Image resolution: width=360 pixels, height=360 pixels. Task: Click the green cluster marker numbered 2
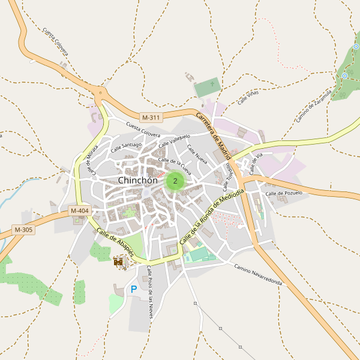[175, 181]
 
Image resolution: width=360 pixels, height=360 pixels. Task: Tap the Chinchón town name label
[138, 180]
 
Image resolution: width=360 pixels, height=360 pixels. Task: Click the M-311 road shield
[151, 117]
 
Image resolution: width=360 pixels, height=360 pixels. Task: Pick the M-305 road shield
[23, 230]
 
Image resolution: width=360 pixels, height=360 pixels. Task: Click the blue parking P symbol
[134, 290]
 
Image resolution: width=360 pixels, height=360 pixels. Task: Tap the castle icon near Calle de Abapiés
[119, 262]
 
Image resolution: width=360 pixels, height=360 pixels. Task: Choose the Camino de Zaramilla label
[313, 106]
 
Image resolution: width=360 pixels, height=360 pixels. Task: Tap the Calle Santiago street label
[126, 146]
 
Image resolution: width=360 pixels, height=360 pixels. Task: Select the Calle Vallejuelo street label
[175, 140]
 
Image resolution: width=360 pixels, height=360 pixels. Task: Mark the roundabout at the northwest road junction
[100, 92]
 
